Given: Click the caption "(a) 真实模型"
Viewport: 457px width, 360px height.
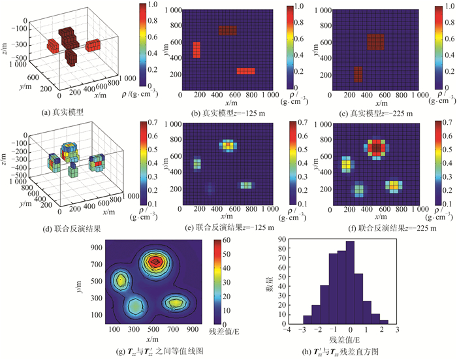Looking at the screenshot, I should (61, 112).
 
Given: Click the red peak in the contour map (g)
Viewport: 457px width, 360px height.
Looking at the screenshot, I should (155, 262).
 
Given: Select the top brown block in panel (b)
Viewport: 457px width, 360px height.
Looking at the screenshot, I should (227, 31).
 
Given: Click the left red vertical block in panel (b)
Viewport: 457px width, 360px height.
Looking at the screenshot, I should (196, 50).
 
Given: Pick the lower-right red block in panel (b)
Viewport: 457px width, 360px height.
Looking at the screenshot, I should (245, 71).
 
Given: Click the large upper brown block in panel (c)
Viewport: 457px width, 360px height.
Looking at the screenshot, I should (375, 42).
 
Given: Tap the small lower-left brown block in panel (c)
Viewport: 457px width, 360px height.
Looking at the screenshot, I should (358, 74).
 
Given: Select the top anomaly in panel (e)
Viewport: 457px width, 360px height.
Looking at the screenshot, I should (227, 145).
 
